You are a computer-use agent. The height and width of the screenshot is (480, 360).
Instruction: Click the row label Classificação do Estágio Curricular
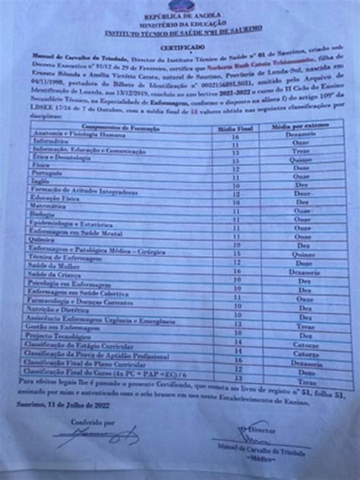[90, 345]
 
